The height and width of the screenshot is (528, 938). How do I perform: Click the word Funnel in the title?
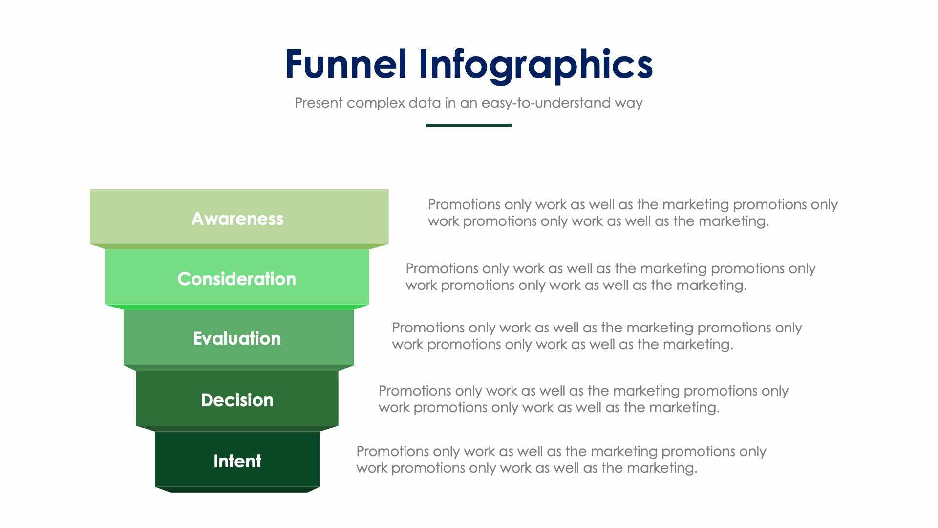(345, 65)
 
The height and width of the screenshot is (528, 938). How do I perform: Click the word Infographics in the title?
(535, 65)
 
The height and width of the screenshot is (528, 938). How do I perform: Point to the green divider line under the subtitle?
(469, 125)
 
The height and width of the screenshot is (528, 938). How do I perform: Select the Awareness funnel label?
(237, 219)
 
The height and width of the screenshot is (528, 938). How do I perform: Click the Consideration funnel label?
(237, 279)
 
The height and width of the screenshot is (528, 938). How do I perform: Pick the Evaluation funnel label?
(237, 338)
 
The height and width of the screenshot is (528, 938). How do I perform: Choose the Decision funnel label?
(237, 400)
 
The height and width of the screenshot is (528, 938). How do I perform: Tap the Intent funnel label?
(237, 461)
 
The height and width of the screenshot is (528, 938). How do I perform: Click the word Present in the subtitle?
(319, 103)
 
